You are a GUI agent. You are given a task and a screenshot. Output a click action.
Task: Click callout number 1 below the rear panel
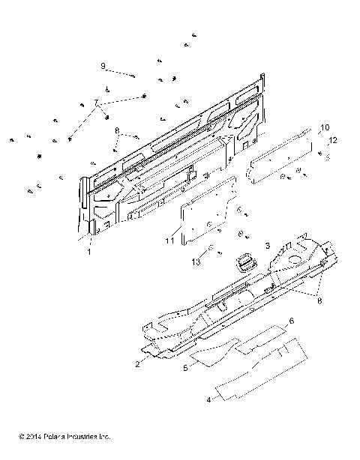point(89,253)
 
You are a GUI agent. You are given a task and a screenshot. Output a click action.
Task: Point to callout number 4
point(209,399)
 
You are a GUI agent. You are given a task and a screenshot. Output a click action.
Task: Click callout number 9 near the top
point(103,66)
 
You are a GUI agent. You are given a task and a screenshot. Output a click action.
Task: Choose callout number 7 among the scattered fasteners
point(95,101)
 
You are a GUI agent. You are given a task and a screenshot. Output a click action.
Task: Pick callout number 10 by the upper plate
point(325,127)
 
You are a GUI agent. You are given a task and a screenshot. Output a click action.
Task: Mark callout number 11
point(170,240)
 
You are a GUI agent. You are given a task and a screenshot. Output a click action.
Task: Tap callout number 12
point(333,140)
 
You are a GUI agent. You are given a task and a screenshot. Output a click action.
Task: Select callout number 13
point(196,262)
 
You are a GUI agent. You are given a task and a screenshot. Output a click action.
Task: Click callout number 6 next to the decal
point(292,320)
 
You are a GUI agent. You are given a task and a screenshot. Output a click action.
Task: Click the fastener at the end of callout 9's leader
point(133,76)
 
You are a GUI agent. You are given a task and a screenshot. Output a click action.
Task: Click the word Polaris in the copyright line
point(58,435)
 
